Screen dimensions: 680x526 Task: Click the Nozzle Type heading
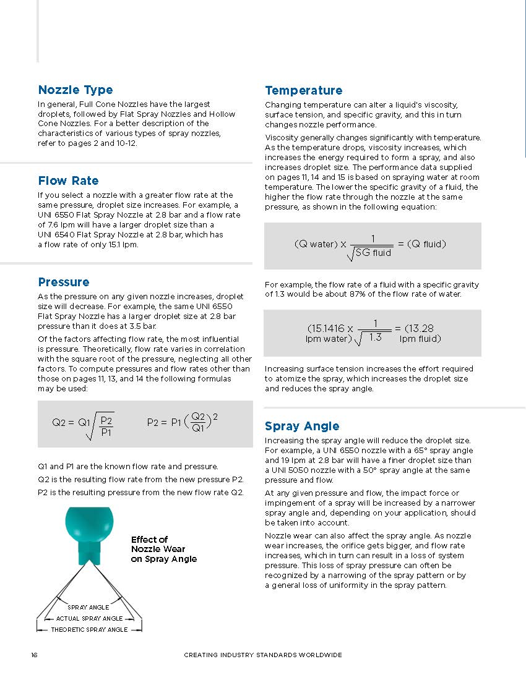(x=75, y=90)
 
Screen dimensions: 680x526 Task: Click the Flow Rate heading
(x=68, y=181)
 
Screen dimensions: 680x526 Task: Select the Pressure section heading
(x=64, y=283)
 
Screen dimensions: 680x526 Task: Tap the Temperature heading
(x=303, y=91)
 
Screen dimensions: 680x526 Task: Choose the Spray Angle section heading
(x=302, y=426)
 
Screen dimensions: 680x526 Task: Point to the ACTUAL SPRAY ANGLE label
(x=89, y=618)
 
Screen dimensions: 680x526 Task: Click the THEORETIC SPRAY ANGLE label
(x=89, y=629)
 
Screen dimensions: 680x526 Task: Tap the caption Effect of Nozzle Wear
(x=163, y=549)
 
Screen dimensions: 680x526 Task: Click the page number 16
(x=34, y=655)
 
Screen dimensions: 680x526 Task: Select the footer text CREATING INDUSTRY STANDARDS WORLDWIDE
(x=263, y=655)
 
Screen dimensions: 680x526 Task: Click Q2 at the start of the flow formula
(x=59, y=423)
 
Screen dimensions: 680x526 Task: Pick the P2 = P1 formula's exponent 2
(x=215, y=417)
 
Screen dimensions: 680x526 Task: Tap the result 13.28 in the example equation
(x=420, y=328)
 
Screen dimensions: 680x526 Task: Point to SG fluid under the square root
(x=373, y=253)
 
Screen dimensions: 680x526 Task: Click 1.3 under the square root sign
(x=375, y=338)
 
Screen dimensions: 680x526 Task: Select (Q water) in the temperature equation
(x=316, y=244)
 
